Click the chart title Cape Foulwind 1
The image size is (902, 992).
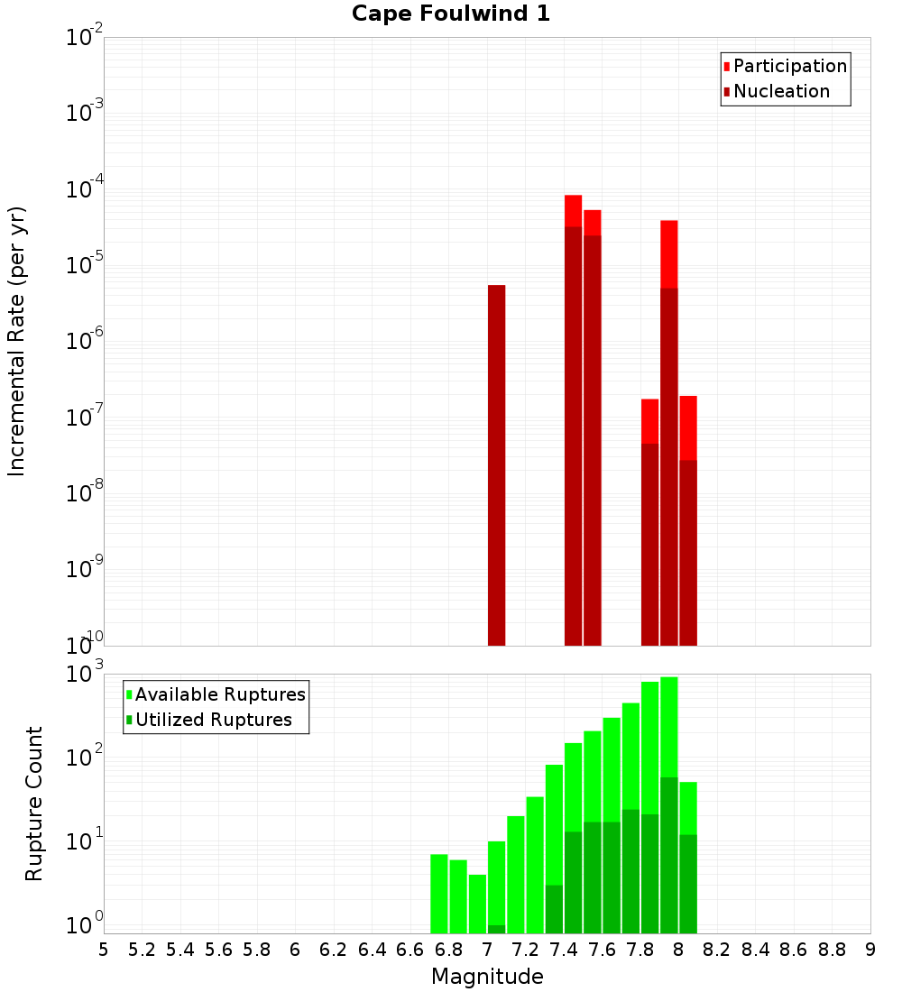point(450,14)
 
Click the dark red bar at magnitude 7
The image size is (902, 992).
point(496,464)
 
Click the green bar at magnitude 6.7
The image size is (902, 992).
point(439,893)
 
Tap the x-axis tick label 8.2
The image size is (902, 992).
point(717,950)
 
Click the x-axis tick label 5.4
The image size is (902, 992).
point(180,950)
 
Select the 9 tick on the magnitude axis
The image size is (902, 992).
point(870,950)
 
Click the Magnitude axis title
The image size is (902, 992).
point(487,977)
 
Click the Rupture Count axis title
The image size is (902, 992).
point(34,803)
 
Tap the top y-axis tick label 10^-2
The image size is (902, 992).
point(85,38)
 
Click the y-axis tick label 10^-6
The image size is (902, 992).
point(85,342)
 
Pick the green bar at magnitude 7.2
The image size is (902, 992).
point(516,874)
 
